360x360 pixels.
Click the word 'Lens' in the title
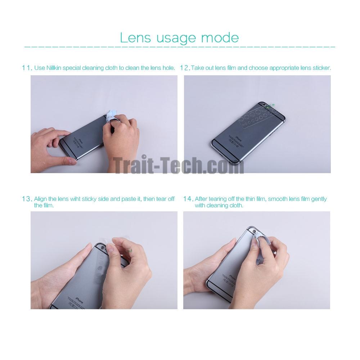coord(135,38)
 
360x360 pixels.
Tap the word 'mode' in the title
coord(220,38)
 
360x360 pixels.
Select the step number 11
coord(27,68)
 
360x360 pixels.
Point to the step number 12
coord(185,68)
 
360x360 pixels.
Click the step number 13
coord(27,199)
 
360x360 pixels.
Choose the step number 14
coord(188,199)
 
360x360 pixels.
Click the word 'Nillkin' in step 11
coord(54,68)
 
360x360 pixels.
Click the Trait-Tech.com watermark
coord(179,165)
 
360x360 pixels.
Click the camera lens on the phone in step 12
coord(266,105)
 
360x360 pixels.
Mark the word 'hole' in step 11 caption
coord(168,68)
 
